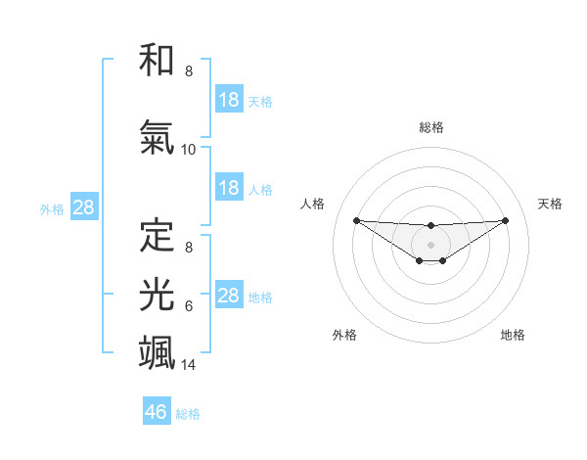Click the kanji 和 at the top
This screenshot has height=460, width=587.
point(158,60)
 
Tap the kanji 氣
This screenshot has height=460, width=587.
point(158,137)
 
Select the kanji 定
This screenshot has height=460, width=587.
point(158,234)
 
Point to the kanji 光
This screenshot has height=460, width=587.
point(158,294)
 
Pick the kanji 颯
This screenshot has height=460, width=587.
point(158,352)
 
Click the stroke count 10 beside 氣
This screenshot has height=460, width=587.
point(189,150)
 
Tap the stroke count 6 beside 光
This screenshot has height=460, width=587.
point(189,306)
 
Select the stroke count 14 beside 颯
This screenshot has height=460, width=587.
point(189,365)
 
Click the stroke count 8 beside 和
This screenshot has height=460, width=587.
point(189,71)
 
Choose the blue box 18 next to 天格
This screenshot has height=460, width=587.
point(228,99)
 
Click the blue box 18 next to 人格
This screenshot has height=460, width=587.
point(228,188)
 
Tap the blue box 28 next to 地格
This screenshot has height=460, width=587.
point(228,296)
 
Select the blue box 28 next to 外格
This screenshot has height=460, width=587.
point(83,207)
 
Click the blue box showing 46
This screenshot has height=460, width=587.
point(157,412)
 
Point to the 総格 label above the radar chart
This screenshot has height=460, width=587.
point(430,127)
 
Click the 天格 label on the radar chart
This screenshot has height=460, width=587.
point(551,204)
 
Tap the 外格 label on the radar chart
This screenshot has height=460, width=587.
point(344,335)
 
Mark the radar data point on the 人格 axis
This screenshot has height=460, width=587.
point(356,220)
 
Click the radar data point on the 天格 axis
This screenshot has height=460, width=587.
point(506,220)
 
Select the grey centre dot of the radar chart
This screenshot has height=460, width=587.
point(430,244)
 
